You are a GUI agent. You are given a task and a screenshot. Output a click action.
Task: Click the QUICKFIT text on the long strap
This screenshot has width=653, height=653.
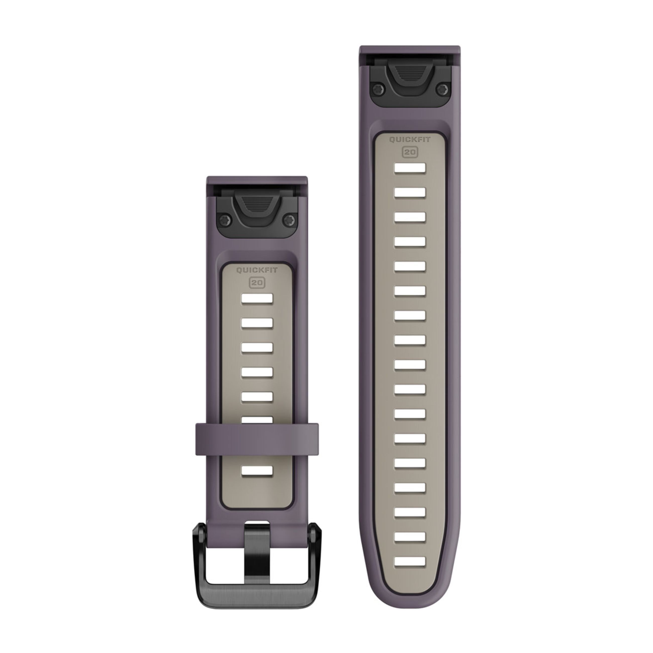(410, 140)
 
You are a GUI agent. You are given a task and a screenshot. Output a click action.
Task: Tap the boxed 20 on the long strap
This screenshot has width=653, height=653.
(410, 152)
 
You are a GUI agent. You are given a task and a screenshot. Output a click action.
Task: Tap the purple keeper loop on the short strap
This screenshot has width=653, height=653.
(257, 439)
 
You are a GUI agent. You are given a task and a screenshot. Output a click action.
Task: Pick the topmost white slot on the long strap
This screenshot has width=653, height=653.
(410, 168)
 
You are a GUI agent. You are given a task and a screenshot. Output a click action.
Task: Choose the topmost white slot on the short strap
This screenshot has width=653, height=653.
(257, 298)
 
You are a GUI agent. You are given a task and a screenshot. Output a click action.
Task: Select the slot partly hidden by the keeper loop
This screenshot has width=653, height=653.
(257, 420)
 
